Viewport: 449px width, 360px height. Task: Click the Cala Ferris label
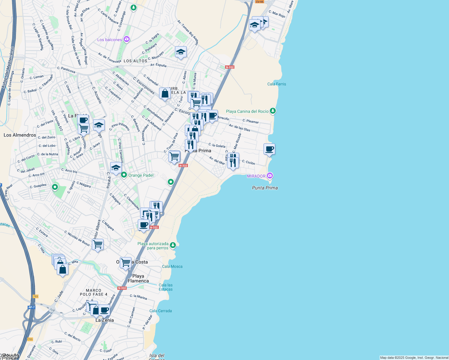point(276,84)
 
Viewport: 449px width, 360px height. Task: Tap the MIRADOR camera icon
point(270,175)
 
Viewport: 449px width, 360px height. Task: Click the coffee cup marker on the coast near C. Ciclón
point(269,149)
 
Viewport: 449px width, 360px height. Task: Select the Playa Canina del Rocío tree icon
point(273,111)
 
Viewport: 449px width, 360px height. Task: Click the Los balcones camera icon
point(127,39)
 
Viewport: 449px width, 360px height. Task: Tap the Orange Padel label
point(141,175)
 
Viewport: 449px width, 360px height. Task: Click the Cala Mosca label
point(172,266)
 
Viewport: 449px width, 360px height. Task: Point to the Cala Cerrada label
point(161,311)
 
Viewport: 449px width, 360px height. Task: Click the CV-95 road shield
point(259,1)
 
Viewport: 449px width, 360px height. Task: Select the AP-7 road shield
point(32,307)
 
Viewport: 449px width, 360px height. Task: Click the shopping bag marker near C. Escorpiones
point(165,94)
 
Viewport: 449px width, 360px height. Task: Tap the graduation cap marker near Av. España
point(181,52)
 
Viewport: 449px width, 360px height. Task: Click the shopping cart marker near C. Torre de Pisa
point(174,156)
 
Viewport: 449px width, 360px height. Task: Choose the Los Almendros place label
point(20,135)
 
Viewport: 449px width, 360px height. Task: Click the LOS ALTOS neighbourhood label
point(135,61)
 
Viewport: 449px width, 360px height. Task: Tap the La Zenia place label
point(104,320)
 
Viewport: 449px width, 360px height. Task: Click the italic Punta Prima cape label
point(265,188)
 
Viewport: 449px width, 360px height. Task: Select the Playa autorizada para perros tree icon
point(173,245)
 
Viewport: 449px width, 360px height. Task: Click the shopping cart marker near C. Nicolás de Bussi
point(98,244)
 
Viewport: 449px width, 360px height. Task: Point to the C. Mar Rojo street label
point(277,14)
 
